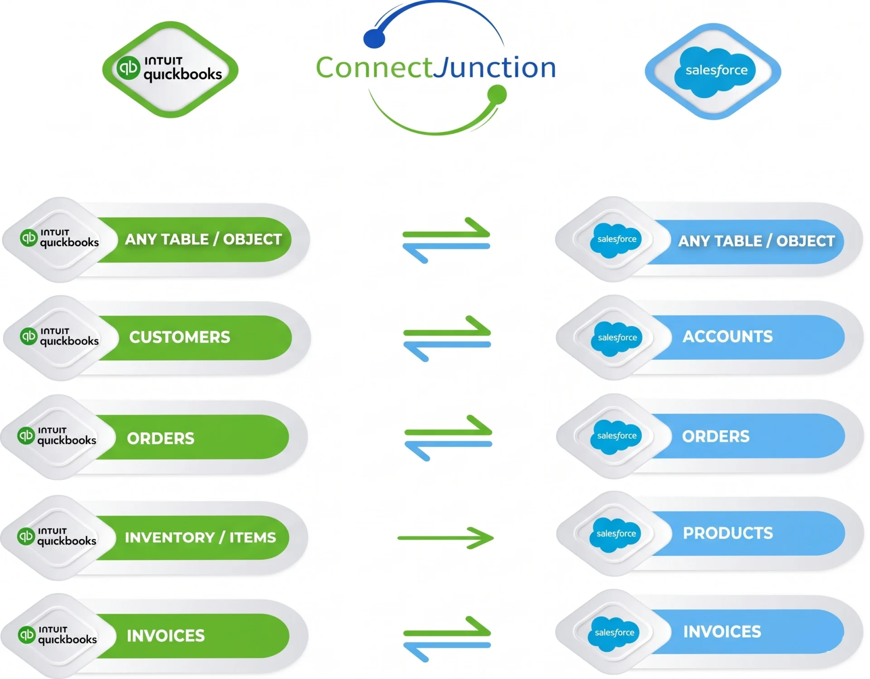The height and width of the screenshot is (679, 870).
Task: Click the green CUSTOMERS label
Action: (x=179, y=337)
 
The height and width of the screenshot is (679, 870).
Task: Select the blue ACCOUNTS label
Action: (x=727, y=337)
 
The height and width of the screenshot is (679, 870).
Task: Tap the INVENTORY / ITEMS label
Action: (x=200, y=538)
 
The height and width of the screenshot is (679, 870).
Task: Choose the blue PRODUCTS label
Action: (x=728, y=533)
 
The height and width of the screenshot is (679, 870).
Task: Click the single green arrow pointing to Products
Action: (x=446, y=538)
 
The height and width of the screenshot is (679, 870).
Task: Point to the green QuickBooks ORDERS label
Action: (x=160, y=438)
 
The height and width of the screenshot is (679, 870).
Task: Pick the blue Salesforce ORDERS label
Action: (x=715, y=437)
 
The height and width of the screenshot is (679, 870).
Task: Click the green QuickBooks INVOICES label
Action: (x=165, y=636)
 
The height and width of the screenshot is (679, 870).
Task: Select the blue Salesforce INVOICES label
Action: (x=722, y=632)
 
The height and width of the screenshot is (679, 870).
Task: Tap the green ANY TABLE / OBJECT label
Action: (x=203, y=239)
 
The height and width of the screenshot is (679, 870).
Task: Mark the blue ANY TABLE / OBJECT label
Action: (x=756, y=241)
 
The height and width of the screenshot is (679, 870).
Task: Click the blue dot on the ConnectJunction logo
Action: (x=374, y=39)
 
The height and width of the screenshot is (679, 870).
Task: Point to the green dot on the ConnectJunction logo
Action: (x=497, y=95)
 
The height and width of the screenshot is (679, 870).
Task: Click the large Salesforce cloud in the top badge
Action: (x=715, y=71)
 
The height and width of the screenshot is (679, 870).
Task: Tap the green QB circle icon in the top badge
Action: (x=128, y=68)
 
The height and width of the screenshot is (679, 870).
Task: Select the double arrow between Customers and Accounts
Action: (x=447, y=338)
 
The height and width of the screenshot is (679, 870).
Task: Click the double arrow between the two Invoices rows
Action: (x=447, y=639)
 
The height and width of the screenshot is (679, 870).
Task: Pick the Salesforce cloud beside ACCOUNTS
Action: (x=617, y=338)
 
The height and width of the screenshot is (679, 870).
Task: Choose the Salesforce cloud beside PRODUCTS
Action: (x=616, y=534)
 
